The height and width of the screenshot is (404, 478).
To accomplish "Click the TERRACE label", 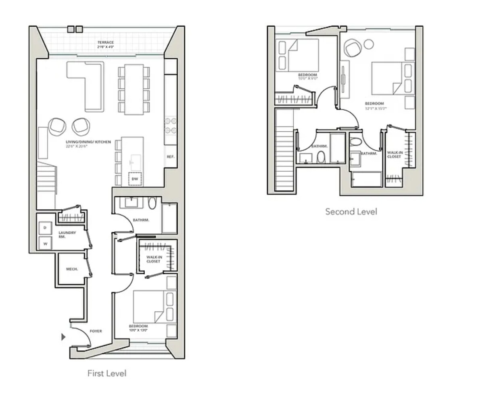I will tap(105, 42).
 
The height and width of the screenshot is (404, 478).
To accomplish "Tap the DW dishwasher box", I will tap(135, 179).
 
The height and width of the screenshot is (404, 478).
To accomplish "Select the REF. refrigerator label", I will tap(170, 156).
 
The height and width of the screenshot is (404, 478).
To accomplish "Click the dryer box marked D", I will tap(45, 228).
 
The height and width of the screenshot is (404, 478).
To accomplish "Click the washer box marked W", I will tap(45, 244).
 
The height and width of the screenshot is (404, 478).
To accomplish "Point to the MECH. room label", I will tap(72, 269).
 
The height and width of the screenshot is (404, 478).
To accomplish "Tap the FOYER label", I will tap(96, 331).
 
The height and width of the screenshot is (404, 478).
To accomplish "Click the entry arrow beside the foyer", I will tap(63, 337).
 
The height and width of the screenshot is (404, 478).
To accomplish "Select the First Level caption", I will tap(106, 373).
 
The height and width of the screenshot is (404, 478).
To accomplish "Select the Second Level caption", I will tap(351, 211).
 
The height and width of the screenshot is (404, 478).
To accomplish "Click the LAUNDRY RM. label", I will tap(67, 235).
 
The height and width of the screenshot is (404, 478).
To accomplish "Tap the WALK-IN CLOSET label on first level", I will tap(153, 259).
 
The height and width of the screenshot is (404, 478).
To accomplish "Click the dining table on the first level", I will tap(134, 89).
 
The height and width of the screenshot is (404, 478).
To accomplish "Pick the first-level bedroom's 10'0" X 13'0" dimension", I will tap(138, 330).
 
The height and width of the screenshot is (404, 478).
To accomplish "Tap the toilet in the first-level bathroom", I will tap(152, 203).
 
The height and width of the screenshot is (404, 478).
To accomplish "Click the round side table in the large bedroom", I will tap(369, 44).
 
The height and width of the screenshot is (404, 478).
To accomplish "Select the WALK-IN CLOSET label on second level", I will tap(395, 154).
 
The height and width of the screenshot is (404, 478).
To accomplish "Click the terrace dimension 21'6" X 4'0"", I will tap(105, 47).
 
